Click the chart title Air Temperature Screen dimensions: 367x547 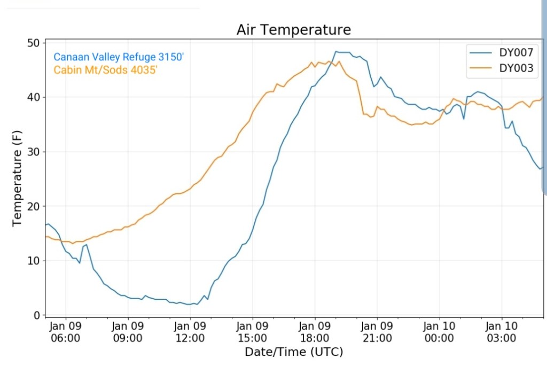[294, 30]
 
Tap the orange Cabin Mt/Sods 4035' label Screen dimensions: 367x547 [105, 69]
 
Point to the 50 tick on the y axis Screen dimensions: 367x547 [34, 43]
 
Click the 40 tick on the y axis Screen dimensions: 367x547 [34, 97]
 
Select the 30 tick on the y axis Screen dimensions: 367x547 [34, 152]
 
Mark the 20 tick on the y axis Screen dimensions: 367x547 [34, 206]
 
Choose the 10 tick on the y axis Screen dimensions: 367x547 [34, 261]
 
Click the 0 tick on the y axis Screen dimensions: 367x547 [37, 315]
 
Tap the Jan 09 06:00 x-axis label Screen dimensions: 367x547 [66, 332]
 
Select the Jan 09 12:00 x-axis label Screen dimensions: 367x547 [190, 332]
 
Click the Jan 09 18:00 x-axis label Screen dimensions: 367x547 [315, 332]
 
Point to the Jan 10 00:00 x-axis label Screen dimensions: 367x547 [439, 332]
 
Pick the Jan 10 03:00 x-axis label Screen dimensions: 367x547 [502, 332]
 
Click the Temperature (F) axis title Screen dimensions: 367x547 [18, 179]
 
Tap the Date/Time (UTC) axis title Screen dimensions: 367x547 [294, 352]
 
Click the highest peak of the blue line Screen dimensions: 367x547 [337, 52]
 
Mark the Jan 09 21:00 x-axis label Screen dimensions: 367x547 [377, 332]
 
